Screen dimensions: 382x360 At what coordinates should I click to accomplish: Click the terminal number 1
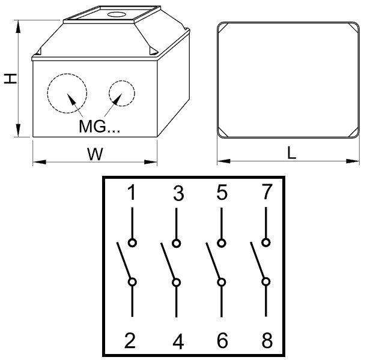(x=132, y=192)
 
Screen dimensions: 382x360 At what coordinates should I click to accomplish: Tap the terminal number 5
(x=222, y=192)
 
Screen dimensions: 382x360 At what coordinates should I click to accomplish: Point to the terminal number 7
(x=267, y=192)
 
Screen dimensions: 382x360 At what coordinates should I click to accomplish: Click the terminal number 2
(x=130, y=340)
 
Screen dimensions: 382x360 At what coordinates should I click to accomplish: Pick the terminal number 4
(x=178, y=341)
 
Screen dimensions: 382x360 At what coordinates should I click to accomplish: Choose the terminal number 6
(x=222, y=340)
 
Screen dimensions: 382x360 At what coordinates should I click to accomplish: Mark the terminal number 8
(x=267, y=340)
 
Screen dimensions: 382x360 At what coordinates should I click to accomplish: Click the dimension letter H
(x=10, y=79)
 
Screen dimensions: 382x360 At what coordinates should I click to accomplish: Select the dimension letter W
(x=95, y=154)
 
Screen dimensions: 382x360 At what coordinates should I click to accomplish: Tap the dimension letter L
(x=292, y=154)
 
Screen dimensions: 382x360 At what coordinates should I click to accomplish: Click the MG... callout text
(x=99, y=126)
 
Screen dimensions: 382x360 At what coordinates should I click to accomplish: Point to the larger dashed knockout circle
(x=67, y=93)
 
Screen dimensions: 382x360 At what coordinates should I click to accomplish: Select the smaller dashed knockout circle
(x=122, y=93)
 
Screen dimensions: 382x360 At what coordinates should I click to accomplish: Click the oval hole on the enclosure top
(x=116, y=14)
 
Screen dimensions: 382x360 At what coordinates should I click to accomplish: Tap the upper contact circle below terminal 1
(x=132, y=242)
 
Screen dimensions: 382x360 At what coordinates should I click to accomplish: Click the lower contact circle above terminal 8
(x=266, y=281)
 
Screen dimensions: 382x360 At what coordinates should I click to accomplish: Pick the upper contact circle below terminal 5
(x=222, y=243)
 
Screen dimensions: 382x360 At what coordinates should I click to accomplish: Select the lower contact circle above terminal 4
(x=176, y=283)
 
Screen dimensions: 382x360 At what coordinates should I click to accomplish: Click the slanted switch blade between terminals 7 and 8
(x=257, y=260)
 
